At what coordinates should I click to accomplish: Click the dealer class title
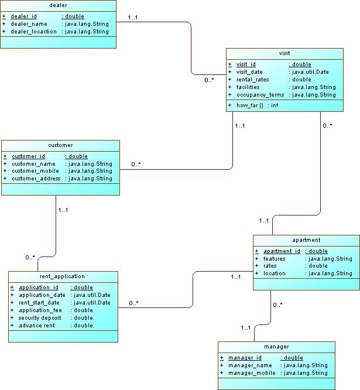(58, 5)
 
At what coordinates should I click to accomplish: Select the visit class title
(284, 53)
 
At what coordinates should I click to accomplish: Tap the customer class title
(60, 145)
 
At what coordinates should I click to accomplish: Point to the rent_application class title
(63, 276)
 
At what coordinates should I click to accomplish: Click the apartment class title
(306, 240)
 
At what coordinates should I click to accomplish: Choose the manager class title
(276, 347)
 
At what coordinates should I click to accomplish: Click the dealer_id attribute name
(24, 16)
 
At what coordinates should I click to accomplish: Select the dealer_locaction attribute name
(35, 32)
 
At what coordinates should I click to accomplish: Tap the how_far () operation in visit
(249, 105)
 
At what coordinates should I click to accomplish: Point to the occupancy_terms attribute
(260, 95)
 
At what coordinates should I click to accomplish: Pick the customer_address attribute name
(36, 179)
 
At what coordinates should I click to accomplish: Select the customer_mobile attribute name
(35, 171)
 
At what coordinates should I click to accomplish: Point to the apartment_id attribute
(282, 251)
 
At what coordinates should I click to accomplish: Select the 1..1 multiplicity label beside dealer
(133, 18)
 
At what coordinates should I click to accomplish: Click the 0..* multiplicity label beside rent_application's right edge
(133, 303)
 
